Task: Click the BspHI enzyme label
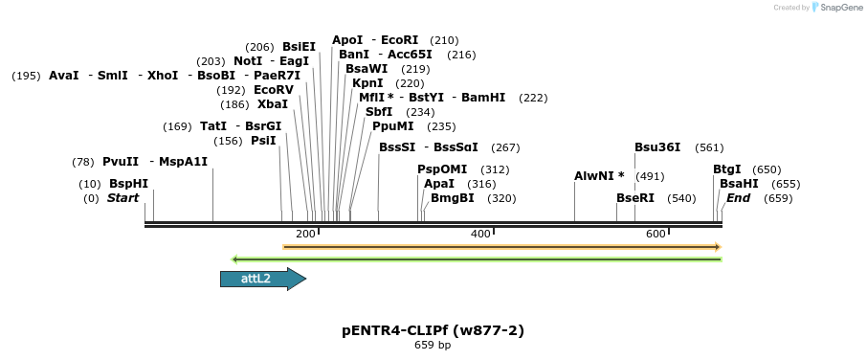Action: tap(128, 183)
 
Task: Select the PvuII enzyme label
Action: tap(121, 161)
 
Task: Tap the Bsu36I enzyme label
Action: tap(657, 146)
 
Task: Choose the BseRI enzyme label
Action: tap(635, 198)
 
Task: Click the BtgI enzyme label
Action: tap(727, 169)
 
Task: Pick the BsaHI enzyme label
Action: tap(739, 183)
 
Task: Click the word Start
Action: tap(122, 198)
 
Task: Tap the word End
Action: tap(738, 198)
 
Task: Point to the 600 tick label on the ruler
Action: tap(656, 234)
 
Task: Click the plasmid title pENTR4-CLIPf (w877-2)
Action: tap(433, 330)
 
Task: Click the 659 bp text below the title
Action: tap(433, 345)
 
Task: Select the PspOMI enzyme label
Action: tap(442, 169)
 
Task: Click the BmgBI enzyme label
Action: tap(453, 198)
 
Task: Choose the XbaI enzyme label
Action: tap(273, 103)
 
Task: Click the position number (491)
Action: tap(650, 176)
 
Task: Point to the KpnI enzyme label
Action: tap(367, 82)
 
